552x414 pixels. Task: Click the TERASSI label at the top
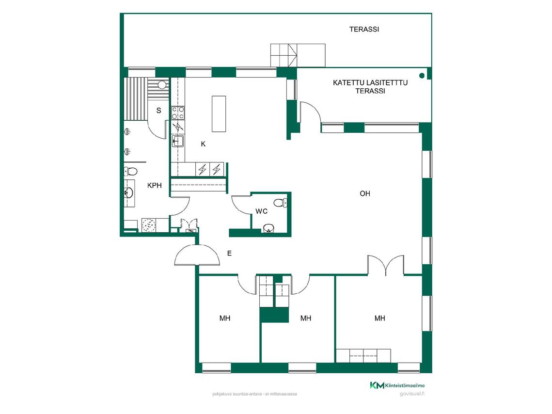point(364,29)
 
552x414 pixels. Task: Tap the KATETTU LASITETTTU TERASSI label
point(370,87)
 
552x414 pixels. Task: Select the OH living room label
point(365,193)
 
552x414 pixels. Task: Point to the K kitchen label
point(203,144)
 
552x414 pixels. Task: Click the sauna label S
point(159,111)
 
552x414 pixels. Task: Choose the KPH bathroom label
point(155,186)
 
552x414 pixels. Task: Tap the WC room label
point(262,211)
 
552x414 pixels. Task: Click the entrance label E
point(230,253)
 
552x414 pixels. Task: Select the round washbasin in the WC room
point(268,228)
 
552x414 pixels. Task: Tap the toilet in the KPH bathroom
point(130,172)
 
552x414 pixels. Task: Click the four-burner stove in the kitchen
point(177,113)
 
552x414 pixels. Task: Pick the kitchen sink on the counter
point(177,142)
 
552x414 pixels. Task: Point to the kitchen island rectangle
point(219,114)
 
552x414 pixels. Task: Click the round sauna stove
point(161,85)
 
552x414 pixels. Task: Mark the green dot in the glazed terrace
point(422,75)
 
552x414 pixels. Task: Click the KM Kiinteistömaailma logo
point(397,385)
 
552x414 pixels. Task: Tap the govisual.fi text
point(412,394)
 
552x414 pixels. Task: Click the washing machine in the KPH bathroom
point(149,225)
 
